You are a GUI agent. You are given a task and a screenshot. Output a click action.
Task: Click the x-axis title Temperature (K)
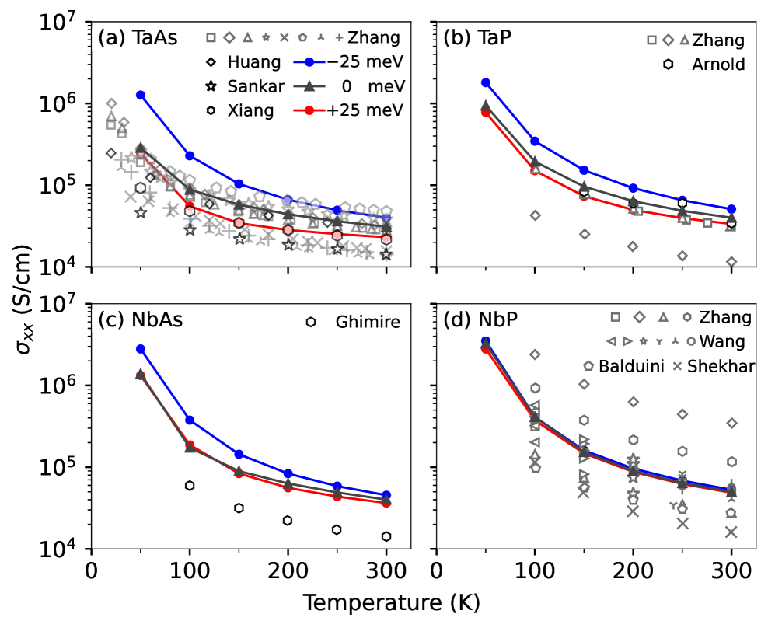391,603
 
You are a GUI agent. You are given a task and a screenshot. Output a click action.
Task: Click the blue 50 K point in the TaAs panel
141,95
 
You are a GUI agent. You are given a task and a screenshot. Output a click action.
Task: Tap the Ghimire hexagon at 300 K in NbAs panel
386,536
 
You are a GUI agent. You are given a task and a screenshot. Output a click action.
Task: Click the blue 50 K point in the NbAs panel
141,349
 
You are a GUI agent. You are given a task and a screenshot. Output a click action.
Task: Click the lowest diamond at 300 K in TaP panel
731,262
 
